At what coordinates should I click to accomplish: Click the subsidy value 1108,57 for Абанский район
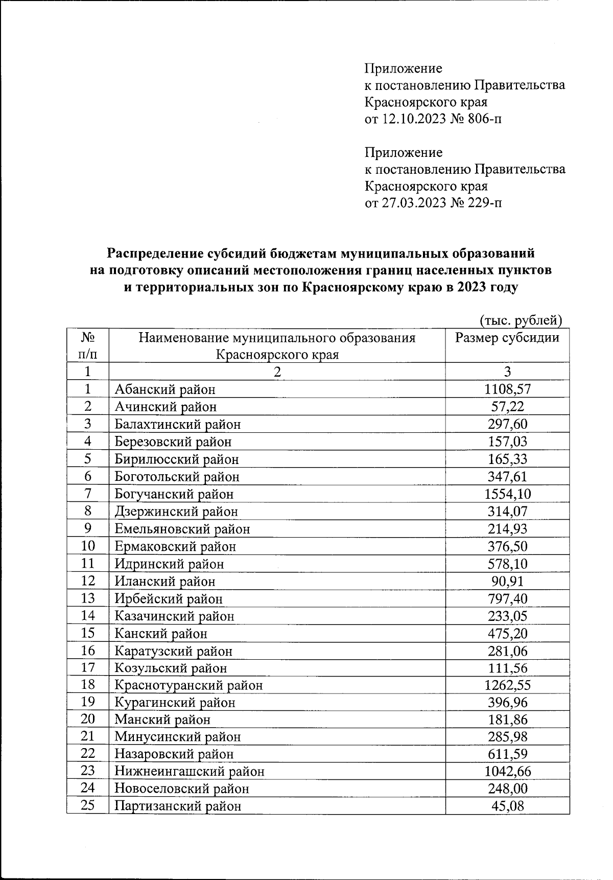[x=507, y=389]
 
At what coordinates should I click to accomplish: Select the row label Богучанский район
[x=174, y=494]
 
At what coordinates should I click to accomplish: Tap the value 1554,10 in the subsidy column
[x=507, y=494]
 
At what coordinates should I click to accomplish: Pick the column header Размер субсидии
[x=507, y=338]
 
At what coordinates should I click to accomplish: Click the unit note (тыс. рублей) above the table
[x=521, y=320]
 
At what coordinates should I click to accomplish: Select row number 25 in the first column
[x=88, y=806]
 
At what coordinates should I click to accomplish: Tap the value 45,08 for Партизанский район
[x=507, y=806]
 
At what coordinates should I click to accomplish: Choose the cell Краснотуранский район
[x=188, y=685]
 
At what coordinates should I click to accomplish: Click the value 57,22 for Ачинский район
[x=507, y=407]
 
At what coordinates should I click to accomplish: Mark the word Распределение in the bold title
[x=156, y=253]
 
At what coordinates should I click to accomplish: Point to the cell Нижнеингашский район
[x=189, y=771]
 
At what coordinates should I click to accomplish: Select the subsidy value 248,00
[x=507, y=789]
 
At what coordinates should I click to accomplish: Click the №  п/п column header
[x=88, y=345]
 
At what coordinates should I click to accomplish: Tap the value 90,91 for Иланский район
[x=507, y=581]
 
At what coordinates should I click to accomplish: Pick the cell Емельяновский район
[x=182, y=529]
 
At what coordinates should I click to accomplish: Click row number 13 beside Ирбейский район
[x=88, y=598]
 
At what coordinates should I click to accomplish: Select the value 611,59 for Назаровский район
[x=507, y=754]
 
